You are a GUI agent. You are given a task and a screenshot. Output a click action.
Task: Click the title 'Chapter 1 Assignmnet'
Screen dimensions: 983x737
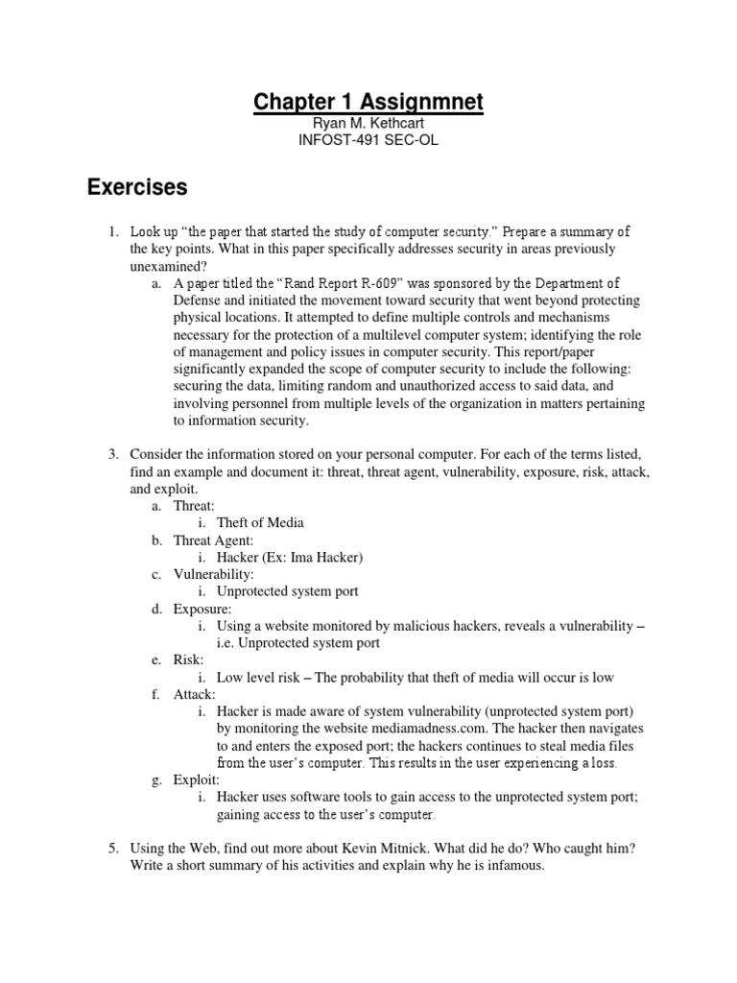[368, 102]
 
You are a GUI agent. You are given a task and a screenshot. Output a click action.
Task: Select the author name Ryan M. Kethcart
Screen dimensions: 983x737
[368, 125]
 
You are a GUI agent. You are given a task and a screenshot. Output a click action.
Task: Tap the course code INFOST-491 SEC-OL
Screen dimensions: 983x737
[368, 142]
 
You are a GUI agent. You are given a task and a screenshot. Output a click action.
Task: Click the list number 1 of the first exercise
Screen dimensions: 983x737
[112, 231]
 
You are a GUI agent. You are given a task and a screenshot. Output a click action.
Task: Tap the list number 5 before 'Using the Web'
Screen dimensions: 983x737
[112, 848]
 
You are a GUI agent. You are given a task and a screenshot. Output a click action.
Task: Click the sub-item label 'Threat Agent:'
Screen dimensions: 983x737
[213, 540]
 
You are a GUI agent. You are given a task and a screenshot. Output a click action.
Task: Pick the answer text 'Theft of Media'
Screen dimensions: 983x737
[260, 522]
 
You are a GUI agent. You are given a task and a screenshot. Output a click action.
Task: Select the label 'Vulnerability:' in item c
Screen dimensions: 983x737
[213, 574]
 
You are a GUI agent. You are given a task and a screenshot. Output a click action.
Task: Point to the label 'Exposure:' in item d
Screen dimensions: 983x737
[202, 609]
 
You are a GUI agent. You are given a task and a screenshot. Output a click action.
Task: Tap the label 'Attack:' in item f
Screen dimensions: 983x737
[195, 694]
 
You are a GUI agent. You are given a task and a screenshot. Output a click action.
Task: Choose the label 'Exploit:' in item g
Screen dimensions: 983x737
[197, 779]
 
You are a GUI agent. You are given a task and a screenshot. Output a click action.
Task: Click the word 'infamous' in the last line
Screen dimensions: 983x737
[513, 866]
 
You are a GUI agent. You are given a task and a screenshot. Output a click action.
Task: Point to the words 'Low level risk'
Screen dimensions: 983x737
[260, 678]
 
